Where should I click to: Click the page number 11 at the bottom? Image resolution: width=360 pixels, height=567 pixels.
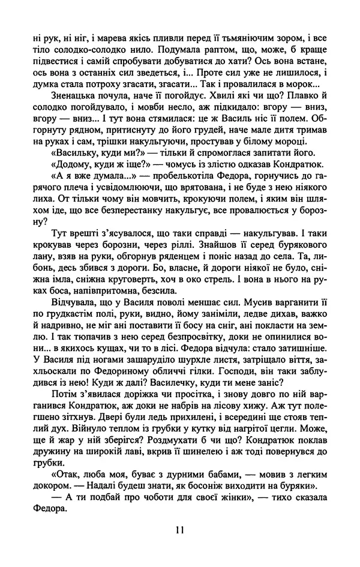(x=180, y=530)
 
